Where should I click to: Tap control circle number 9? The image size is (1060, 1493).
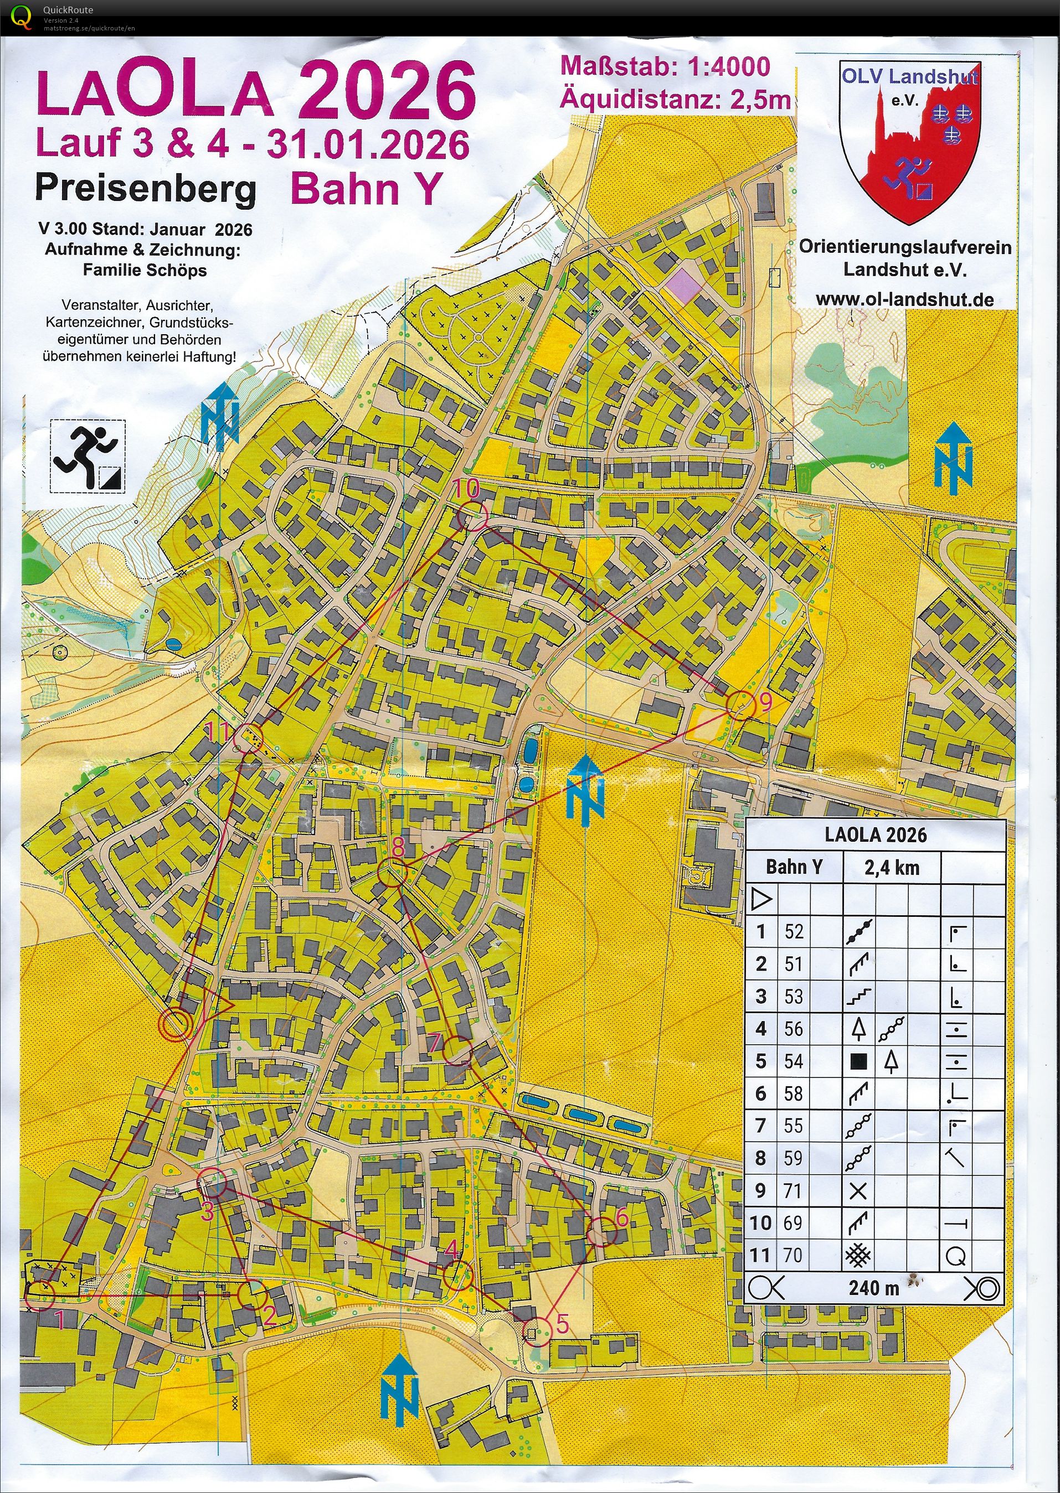pos(740,706)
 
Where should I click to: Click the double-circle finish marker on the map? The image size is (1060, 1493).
pos(176,1025)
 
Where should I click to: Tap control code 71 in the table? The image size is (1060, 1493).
pos(793,1190)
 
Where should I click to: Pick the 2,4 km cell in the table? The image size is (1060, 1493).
pos(892,868)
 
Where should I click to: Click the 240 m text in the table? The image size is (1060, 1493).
pos(873,1288)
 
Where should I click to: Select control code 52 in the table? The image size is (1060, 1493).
pos(793,931)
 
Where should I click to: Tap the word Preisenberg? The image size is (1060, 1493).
pos(145,189)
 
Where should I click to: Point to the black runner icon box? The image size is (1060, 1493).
pos(88,455)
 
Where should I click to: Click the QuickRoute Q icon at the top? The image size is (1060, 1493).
pos(22,17)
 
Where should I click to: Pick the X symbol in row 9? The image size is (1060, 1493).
pos(858,1191)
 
